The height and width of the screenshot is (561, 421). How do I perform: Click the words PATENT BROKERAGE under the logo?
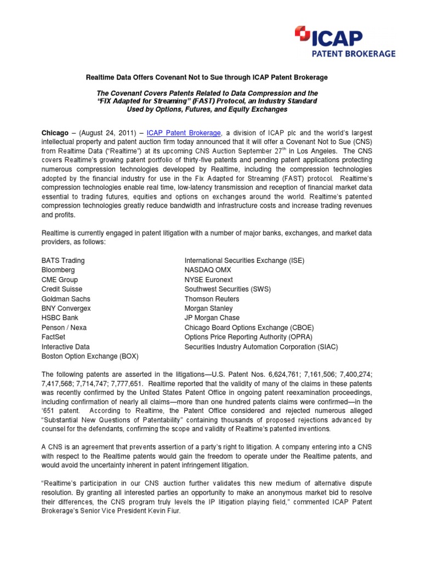click(362, 54)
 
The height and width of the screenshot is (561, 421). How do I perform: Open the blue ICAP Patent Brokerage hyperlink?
click(184, 133)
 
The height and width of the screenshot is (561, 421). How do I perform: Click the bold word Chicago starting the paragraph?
click(55, 133)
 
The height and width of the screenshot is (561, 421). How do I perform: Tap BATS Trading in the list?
click(63, 260)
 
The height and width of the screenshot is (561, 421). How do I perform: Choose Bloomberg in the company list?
click(58, 270)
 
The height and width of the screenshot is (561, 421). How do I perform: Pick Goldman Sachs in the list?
click(66, 299)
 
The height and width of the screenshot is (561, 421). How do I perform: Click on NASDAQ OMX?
click(208, 270)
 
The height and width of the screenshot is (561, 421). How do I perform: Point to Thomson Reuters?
click(212, 299)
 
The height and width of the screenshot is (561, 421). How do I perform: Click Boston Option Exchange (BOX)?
click(90, 356)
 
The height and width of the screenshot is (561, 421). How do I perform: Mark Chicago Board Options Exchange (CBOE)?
click(249, 328)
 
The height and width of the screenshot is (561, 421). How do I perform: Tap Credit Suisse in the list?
click(62, 289)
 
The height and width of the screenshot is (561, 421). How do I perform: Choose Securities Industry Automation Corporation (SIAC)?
click(261, 347)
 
